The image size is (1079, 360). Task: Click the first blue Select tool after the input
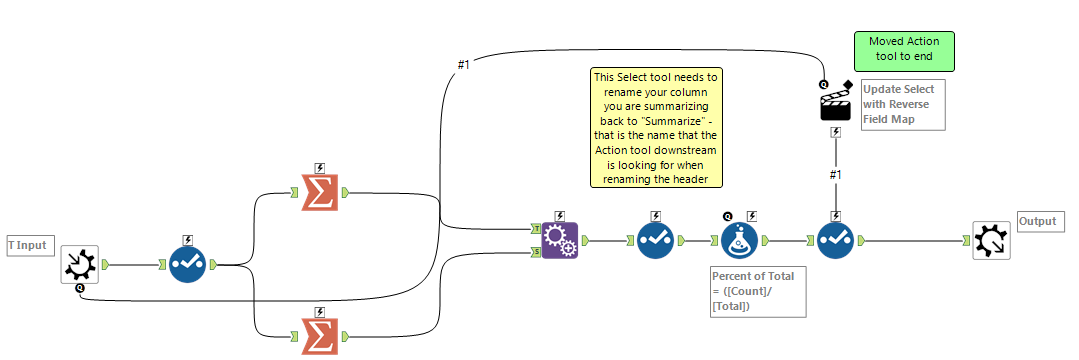[x=188, y=264]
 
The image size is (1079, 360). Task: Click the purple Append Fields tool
[x=559, y=240]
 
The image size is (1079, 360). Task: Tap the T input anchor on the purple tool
[x=536, y=228]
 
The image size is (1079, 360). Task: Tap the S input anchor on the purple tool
[x=536, y=252]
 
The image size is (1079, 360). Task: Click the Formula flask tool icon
[x=741, y=240]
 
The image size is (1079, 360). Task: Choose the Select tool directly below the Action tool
[x=835, y=240]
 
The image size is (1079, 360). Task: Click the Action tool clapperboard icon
[x=835, y=103]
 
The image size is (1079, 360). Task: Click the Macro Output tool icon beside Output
[x=991, y=240]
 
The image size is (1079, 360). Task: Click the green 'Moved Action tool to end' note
[x=903, y=51]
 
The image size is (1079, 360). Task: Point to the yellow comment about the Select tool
[x=656, y=128]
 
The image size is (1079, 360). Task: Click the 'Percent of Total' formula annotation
[x=756, y=291]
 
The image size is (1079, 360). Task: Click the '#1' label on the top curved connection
[x=463, y=65]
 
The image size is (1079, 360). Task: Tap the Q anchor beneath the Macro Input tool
[x=79, y=288]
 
